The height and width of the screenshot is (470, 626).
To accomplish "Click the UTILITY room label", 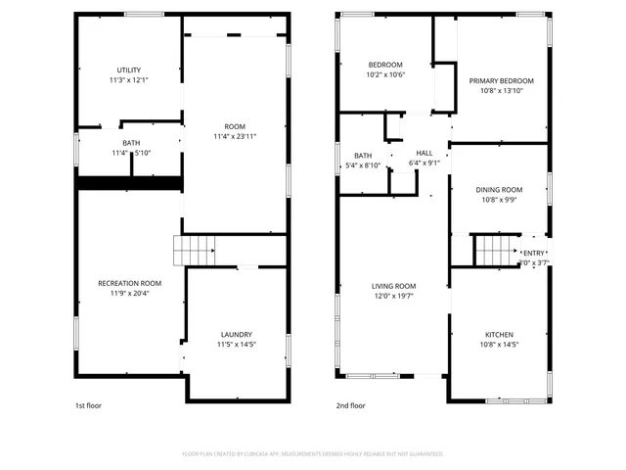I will [x=129, y=70].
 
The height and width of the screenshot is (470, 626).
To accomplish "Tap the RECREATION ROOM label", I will [x=129, y=283].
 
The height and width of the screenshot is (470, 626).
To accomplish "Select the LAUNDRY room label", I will [x=236, y=334].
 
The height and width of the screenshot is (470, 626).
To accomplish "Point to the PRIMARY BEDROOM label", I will [x=501, y=80].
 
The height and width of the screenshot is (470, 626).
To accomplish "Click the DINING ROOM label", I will [x=499, y=190].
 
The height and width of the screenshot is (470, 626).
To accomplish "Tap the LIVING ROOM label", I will [x=393, y=286].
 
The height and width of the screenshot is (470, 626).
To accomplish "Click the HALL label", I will [x=425, y=153].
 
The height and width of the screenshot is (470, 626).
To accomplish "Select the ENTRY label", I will [x=534, y=254].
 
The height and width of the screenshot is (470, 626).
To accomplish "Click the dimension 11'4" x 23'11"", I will [x=235, y=136].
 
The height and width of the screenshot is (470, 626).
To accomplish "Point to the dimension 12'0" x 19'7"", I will [x=393, y=296].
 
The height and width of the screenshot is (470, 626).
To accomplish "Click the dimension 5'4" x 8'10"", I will [x=363, y=165].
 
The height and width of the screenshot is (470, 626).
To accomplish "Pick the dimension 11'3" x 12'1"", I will [x=129, y=80].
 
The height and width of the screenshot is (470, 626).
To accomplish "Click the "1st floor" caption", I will [x=88, y=405].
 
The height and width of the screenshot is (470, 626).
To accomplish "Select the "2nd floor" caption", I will [x=351, y=405].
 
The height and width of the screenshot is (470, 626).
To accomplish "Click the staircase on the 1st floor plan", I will [x=194, y=252].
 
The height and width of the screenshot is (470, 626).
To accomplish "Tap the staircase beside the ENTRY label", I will [x=493, y=251].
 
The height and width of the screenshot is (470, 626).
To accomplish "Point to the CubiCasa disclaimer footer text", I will [x=313, y=454].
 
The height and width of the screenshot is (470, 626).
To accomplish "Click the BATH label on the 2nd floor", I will [x=363, y=156].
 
